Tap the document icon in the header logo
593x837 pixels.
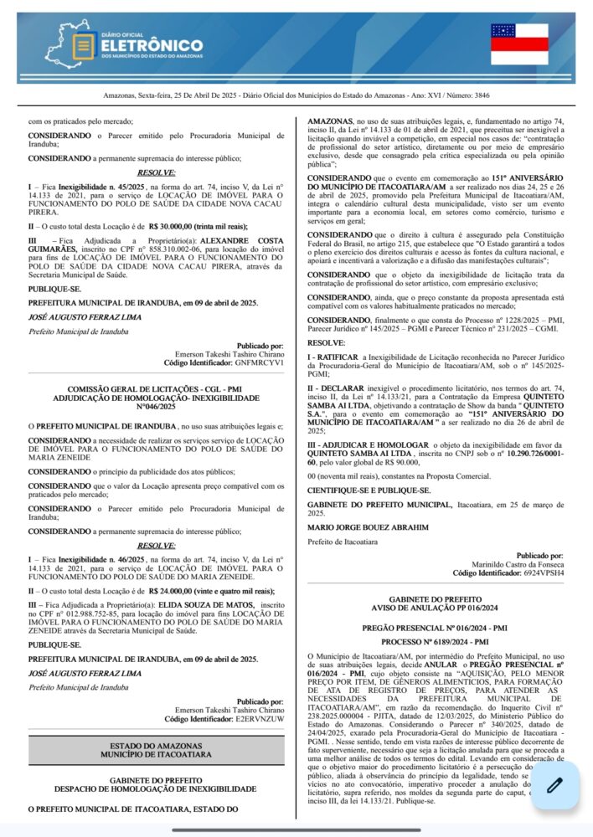[x=83, y=46]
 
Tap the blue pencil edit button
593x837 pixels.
[x=554, y=785]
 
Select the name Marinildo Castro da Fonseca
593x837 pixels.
[x=518, y=564]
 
